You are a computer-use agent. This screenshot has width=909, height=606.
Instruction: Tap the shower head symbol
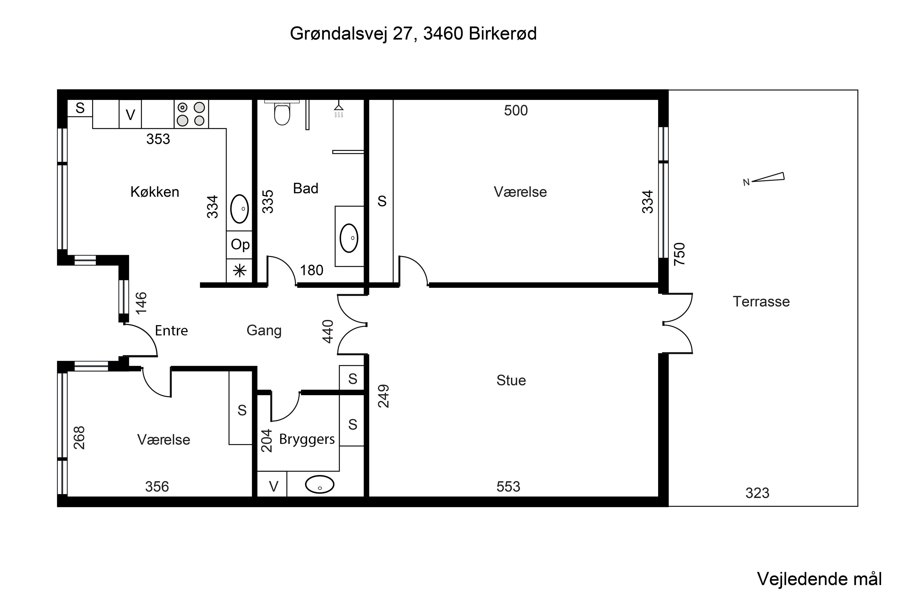pos(338,109)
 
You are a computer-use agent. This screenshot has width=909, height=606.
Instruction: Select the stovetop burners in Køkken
pos(191,114)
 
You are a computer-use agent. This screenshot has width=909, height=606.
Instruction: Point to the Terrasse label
pos(761,301)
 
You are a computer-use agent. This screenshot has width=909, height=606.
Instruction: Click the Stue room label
pos(511,380)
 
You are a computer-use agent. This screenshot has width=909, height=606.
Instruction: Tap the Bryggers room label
pos(307,439)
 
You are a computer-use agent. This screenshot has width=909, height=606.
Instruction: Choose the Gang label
pos(264,331)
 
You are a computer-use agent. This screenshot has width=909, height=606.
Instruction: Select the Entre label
pos(171,331)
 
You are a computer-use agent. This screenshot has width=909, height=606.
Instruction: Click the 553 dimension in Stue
pos(508,487)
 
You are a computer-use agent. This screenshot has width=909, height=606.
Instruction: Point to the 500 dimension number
pos(516,111)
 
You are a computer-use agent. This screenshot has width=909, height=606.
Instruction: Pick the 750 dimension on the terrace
pos(679,254)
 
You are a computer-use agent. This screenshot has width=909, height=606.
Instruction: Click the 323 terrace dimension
pos(757,493)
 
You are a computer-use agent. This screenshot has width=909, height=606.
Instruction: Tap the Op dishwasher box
pos(240,245)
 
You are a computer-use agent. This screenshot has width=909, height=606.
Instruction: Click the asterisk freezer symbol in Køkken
pos(240,271)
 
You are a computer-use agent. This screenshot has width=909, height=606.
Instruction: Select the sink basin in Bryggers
pos(320,484)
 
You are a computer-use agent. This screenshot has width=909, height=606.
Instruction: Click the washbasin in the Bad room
pos(349,238)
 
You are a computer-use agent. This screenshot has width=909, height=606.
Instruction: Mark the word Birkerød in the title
pos(502,34)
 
